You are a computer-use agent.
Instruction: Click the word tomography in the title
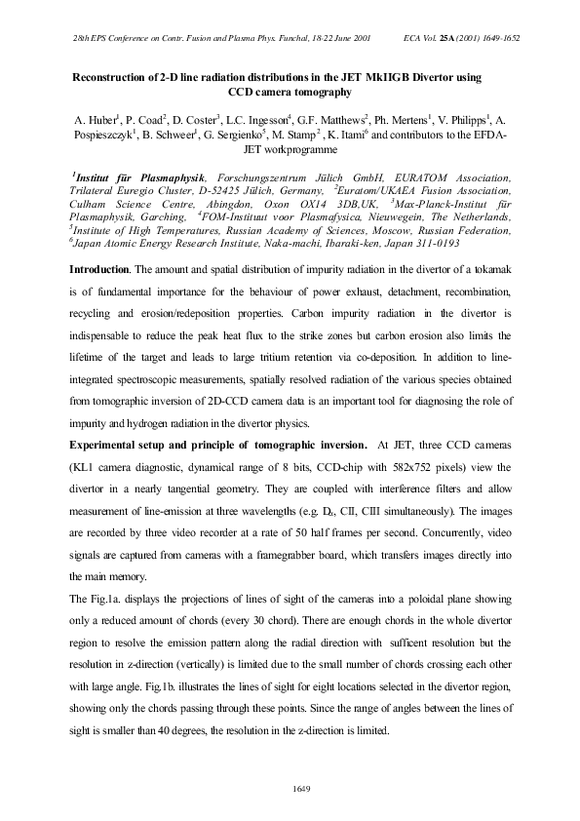[316, 92]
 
